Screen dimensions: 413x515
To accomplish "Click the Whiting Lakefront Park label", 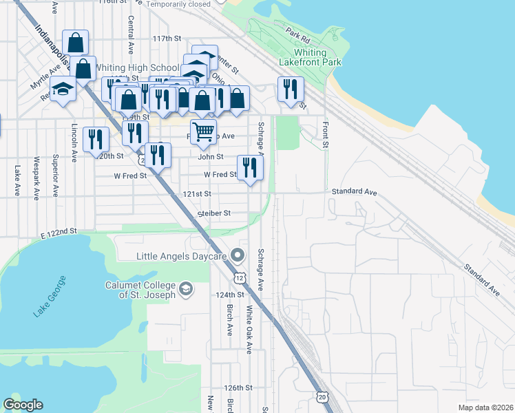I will coord(309,57).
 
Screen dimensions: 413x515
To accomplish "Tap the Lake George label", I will coord(50,297).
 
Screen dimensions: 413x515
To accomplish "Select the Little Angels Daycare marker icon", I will coord(238,255).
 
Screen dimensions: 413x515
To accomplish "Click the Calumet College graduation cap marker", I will coord(185,288).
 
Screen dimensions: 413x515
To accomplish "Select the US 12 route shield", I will coord(238,276).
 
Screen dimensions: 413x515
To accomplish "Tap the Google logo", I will coord(23,405).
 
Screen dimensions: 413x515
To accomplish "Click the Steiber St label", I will coord(213,213).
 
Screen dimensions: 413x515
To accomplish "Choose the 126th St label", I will coord(239,388).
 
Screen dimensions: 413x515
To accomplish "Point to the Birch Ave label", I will coord(229,319).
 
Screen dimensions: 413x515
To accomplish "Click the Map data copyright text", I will coord(486,407).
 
